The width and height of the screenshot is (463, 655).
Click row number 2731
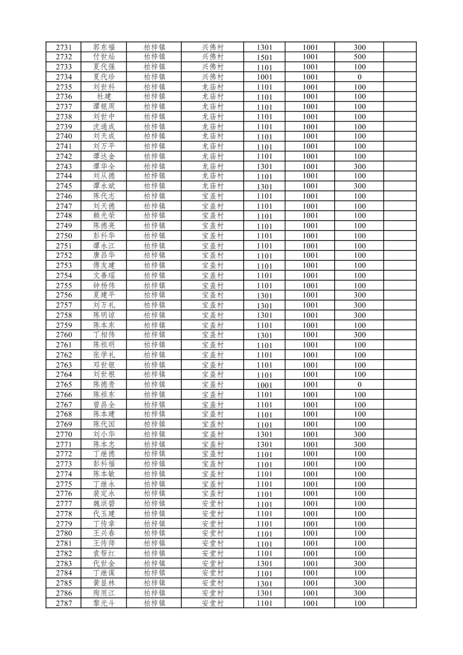click(x=63, y=47)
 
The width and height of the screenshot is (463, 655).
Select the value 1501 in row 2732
click(x=264, y=57)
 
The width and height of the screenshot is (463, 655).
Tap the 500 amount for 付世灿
click(x=359, y=57)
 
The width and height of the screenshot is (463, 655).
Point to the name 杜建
click(x=104, y=97)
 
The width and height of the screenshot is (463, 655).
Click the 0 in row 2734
click(x=359, y=77)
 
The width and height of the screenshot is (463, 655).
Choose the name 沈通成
click(x=104, y=127)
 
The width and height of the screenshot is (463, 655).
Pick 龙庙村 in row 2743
click(x=213, y=166)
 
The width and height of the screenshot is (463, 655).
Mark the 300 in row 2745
click(x=359, y=186)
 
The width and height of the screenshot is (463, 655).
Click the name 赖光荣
click(x=104, y=216)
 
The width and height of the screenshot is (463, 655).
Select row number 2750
click(x=63, y=236)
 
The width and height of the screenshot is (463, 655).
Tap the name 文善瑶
click(x=104, y=276)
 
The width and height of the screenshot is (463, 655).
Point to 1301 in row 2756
click(x=264, y=296)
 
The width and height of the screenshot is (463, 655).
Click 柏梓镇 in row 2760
click(x=154, y=335)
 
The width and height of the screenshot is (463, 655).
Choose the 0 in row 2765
click(x=359, y=385)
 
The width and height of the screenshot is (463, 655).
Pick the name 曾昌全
click(x=104, y=404)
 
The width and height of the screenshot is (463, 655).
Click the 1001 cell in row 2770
click(x=310, y=434)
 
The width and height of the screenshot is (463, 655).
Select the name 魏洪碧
click(x=104, y=504)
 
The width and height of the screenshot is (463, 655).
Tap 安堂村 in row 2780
click(x=213, y=533)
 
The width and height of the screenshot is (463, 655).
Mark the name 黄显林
click(x=104, y=583)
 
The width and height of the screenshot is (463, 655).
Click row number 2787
click(x=63, y=603)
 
